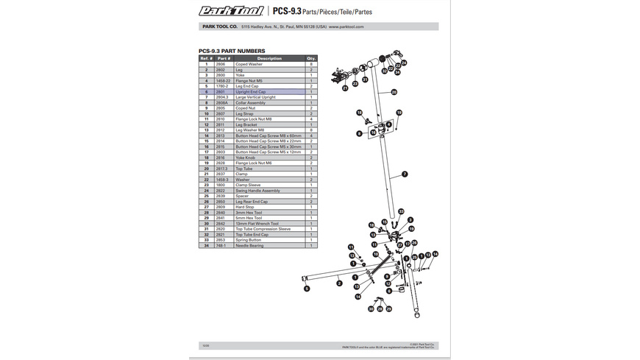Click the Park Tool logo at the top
point(231,10)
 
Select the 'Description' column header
point(269,58)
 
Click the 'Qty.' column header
point(311,58)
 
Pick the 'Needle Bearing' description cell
point(249,246)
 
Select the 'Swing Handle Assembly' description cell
point(255,191)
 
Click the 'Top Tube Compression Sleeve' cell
point(263,229)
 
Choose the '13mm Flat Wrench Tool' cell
point(257,224)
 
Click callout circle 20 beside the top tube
point(394,92)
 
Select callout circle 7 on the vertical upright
point(405,174)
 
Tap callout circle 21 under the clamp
point(345,88)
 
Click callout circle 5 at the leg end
point(306,289)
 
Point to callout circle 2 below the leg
point(338,282)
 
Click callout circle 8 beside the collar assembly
point(359,133)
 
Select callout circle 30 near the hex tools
point(371,309)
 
